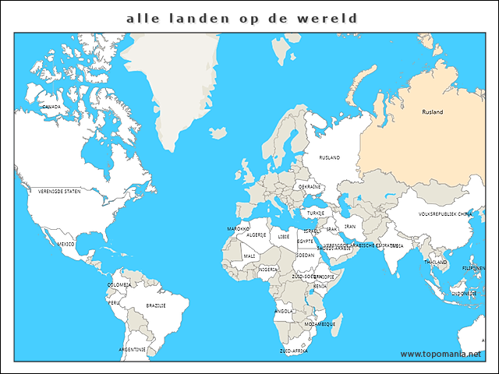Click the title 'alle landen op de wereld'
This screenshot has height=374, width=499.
242,18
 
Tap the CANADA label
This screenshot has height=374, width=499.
51,106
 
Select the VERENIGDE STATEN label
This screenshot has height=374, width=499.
59,191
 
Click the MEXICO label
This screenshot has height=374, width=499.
66,244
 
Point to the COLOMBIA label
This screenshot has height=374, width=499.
119,285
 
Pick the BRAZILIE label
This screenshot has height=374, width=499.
156,305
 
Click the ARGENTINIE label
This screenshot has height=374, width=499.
132,350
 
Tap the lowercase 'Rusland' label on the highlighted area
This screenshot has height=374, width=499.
432,112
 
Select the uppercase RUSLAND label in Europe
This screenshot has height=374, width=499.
330,157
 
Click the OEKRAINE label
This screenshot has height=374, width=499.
310,187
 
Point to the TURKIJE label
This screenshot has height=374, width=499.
316,213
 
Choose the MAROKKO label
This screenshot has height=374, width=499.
238,229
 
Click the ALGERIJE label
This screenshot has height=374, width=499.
257,235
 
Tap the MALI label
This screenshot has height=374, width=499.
249,256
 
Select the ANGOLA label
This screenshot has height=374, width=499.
284,311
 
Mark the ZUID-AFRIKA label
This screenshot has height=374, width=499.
294,351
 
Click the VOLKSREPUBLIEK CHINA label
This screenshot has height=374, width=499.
445,213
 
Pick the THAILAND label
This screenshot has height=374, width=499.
435,263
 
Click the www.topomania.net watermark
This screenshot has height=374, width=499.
441,354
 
